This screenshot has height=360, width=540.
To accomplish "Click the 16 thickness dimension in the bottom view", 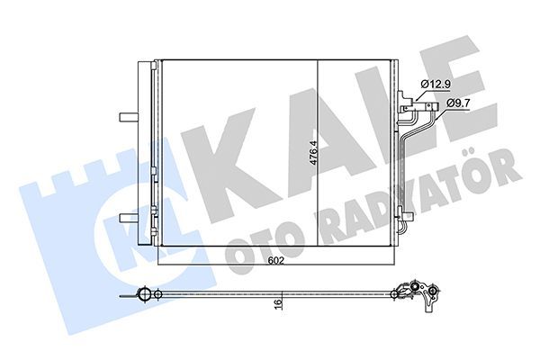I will [282, 305].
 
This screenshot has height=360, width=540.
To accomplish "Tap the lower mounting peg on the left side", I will [126, 216].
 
